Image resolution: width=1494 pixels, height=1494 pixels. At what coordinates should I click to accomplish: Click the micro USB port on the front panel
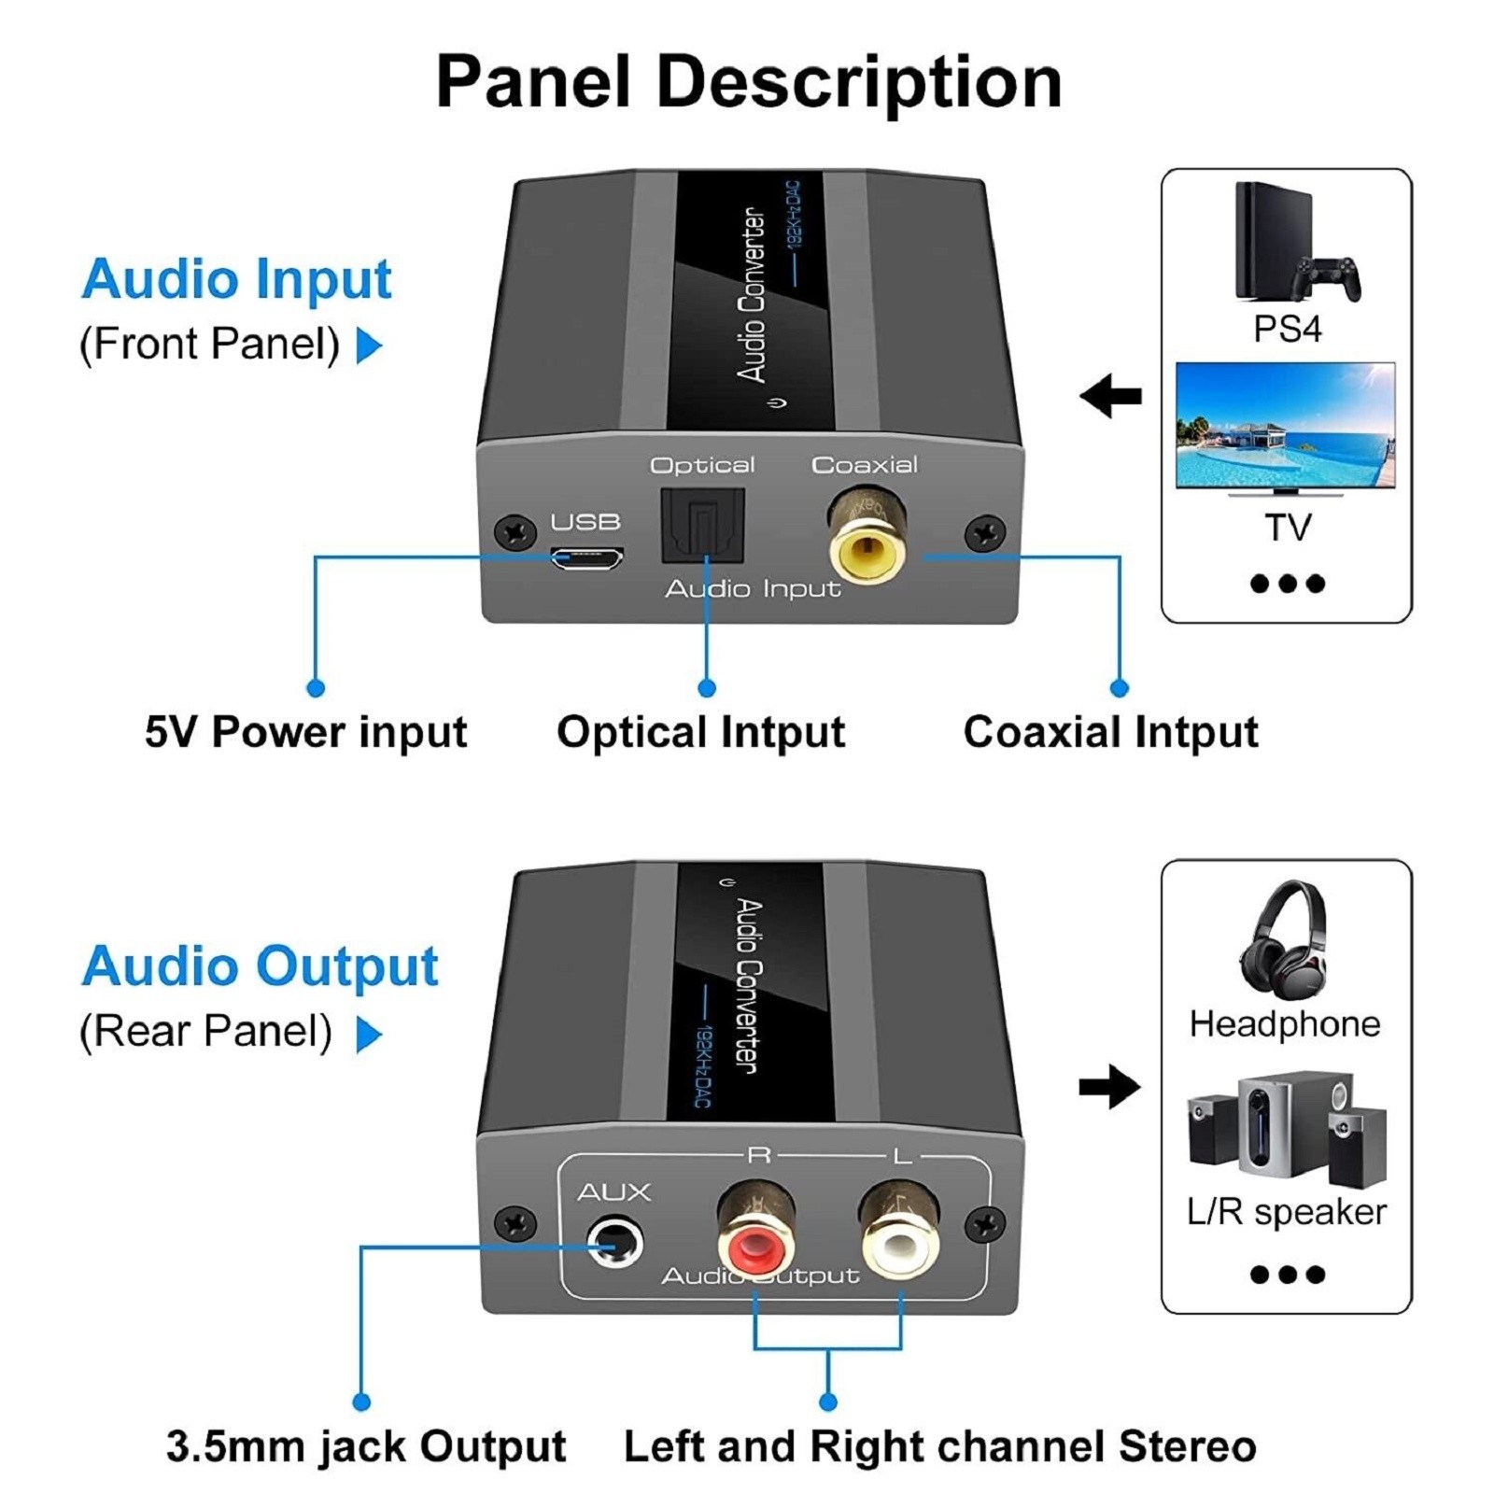click(585, 559)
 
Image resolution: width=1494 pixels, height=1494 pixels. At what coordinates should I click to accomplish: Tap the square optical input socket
click(702, 526)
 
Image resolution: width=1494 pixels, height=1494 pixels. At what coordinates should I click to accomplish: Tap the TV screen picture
click(1285, 425)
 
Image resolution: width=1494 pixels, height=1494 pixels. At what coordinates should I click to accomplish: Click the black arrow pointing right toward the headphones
click(1110, 1086)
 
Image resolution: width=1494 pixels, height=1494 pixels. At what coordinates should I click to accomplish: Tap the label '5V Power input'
click(305, 731)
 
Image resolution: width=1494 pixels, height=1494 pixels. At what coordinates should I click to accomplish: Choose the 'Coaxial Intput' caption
click(1110, 731)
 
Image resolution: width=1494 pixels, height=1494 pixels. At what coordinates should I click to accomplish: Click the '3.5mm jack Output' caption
click(366, 1446)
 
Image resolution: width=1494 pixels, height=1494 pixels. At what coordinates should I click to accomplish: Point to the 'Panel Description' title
click(749, 82)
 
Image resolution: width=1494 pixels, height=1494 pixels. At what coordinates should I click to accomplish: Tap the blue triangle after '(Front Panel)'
click(370, 345)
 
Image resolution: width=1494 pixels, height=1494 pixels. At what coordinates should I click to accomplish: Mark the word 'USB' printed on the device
click(585, 522)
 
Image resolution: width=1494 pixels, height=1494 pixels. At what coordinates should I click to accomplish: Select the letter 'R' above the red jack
click(758, 1156)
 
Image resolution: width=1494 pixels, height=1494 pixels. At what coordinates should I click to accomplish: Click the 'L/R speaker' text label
click(1286, 1212)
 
